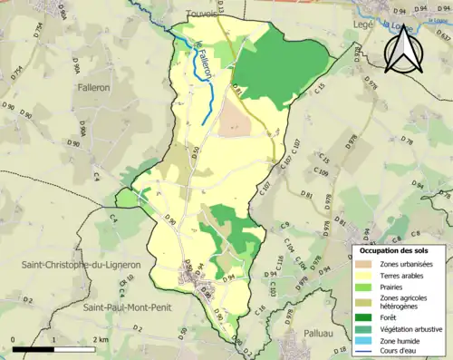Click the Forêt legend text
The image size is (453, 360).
point(391,316)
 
